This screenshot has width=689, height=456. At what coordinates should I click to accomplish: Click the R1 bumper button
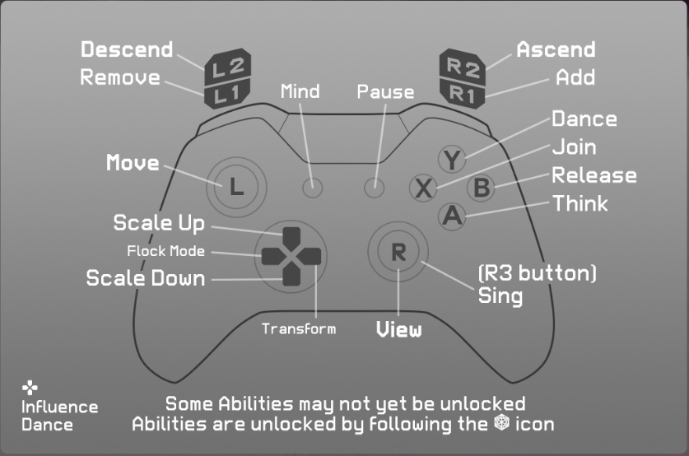click(463, 92)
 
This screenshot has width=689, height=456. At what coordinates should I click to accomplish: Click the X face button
click(423, 188)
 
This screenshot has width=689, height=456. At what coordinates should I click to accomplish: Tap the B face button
click(482, 188)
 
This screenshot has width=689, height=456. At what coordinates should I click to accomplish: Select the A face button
click(452, 216)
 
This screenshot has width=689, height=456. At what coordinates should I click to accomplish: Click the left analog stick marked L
click(236, 187)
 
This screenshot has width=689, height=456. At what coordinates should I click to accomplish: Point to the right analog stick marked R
click(398, 252)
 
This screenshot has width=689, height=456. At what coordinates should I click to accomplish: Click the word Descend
click(127, 49)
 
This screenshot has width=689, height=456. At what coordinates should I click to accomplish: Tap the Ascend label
click(556, 49)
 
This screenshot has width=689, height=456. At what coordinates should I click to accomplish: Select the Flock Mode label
click(165, 251)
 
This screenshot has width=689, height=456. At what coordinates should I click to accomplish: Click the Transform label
click(299, 328)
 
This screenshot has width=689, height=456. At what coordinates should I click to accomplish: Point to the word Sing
click(500, 295)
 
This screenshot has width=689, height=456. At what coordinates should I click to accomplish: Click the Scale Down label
click(146, 278)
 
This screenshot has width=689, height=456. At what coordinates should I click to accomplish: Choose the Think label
click(580, 202)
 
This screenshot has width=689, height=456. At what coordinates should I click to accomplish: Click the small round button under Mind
click(312, 188)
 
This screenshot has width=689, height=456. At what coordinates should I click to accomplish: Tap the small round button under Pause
click(375, 188)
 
